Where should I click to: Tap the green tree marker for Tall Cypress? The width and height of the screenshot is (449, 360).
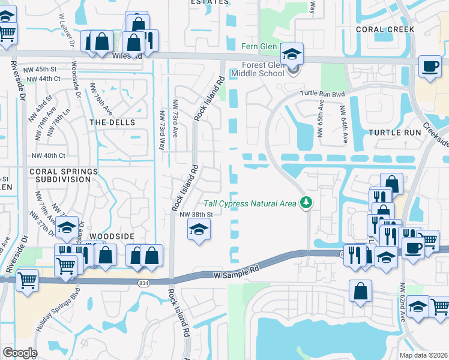click(307, 202)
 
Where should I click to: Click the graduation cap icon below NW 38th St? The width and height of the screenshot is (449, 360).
click(199, 230)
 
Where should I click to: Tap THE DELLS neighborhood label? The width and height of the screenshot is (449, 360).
click(112, 122)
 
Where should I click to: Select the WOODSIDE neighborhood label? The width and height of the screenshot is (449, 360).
click(112, 237)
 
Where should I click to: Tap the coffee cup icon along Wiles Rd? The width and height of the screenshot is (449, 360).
click(430, 67)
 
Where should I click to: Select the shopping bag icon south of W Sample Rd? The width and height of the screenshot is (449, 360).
click(360, 290)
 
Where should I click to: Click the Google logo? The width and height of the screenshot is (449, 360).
click(19, 353)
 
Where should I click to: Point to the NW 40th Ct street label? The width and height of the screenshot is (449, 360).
click(48, 155)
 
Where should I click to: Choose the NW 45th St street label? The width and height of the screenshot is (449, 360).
click(40, 70)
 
